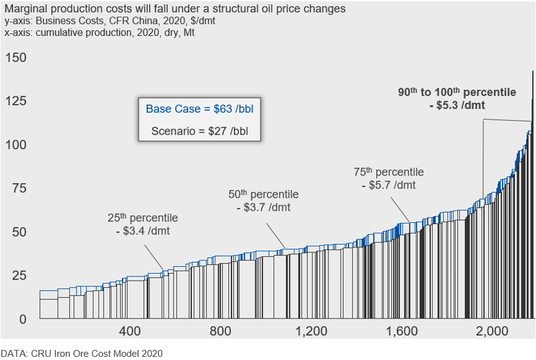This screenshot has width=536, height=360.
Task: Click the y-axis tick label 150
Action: coord(16,58)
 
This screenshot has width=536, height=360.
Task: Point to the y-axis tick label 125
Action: coord(16,101)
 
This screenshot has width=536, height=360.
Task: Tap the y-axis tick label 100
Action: coord(16,145)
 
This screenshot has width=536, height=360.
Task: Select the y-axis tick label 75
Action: coord(20,188)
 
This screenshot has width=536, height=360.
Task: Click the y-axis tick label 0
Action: coord(23,318)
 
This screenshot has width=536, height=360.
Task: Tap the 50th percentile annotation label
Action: coord(263,194)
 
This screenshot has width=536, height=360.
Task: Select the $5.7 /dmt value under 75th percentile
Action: coord(389,185)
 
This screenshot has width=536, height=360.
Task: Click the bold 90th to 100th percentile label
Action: coord(457,92)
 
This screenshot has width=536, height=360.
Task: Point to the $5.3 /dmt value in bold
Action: coord(461,105)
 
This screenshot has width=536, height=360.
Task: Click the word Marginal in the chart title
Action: coord(23,9)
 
